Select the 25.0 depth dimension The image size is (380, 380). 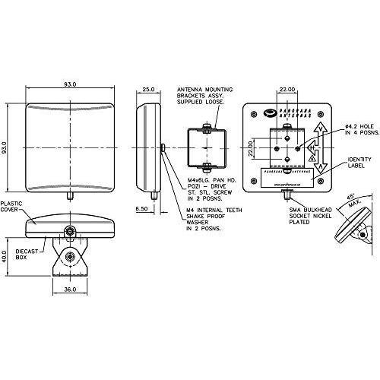(148, 89)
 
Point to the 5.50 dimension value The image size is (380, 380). (142, 208)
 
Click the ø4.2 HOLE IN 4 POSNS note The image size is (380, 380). (359, 131)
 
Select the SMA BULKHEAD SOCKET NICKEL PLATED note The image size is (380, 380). (309, 216)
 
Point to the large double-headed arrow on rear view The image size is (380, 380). (321, 146)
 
